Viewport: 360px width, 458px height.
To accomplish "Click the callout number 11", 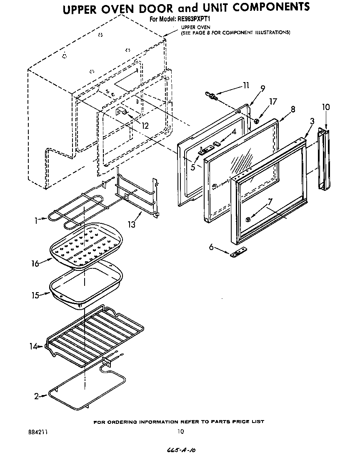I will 245,85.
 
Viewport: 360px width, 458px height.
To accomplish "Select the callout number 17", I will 273,101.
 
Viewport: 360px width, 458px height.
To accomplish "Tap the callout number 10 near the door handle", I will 325,107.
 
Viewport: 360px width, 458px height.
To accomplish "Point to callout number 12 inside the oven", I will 145,125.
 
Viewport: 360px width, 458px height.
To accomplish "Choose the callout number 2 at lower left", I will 37,396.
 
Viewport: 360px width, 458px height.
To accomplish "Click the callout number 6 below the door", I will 211,247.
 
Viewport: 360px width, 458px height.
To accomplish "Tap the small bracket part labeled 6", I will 238,253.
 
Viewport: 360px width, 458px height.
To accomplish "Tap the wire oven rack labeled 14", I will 96,333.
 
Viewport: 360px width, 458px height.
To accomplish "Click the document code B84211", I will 37,432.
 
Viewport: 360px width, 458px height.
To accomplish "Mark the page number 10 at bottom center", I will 180,432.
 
